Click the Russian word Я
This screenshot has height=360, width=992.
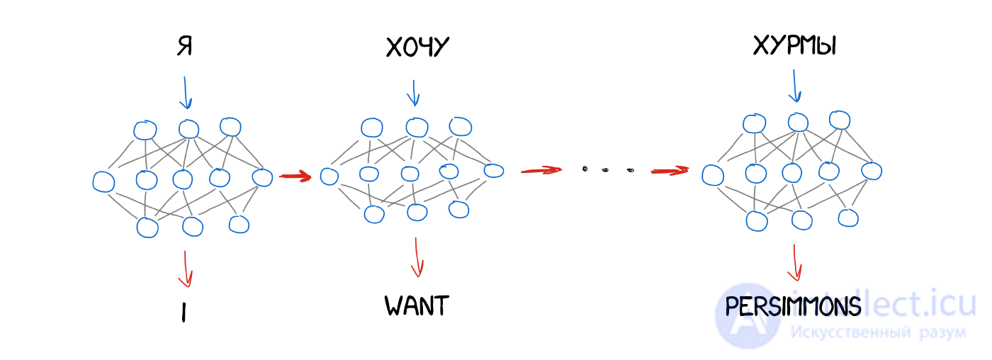pyautogui.click(x=185, y=46)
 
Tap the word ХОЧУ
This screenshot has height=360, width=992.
pyautogui.click(x=417, y=47)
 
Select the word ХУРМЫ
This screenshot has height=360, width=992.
pyautogui.click(x=794, y=45)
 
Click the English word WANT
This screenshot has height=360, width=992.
pyautogui.click(x=417, y=305)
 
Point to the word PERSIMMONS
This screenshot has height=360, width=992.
pyautogui.click(x=793, y=306)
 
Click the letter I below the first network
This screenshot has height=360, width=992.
pyautogui.click(x=184, y=313)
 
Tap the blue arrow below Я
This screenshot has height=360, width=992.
pyautogui.click(x=186, y=93)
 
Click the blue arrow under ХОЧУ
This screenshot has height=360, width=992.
pyautogui.click(x=414, y=93)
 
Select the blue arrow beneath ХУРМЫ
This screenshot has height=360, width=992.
pyautogui.click(x=794, y=86)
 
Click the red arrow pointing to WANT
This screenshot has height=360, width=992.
pyautogui.click(x=417, y=257)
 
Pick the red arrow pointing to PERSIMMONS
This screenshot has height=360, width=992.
pyautogui.click(x=794, y=263)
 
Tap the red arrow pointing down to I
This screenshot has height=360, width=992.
pyautogui.click(x=186, y=269)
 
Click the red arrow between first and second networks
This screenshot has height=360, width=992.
pyautogui.click(x=295, y=176)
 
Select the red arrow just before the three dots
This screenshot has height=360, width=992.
pyautogui.click(x=541, y=170)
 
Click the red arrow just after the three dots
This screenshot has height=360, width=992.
pyautogui.click(x=670, y=171)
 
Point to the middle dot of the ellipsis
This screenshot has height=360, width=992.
pyautogui.click(x=605, y=170)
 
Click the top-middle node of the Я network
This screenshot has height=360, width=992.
pyautogui.click(x=188, y=129)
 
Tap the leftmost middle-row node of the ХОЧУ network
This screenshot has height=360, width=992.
pyautogui.click(x=329, y=176)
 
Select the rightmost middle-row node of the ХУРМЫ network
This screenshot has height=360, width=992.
pyautogui.click(x=872, y=171)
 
